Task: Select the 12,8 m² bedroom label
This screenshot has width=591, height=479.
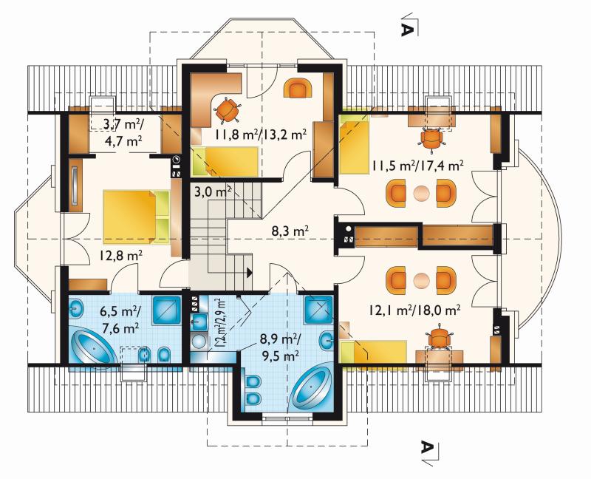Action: [120, 256]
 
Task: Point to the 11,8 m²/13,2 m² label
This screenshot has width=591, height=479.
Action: [261, 134]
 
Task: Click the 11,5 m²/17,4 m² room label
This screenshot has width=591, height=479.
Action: [417, 165]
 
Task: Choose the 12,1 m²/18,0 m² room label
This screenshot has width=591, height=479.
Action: [414, 310]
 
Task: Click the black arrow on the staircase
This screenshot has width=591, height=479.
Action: [249, 272]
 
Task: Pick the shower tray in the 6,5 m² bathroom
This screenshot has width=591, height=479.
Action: [166, 310]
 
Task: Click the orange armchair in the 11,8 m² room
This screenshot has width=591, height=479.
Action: [300, 88]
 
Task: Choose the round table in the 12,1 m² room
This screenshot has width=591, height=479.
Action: [421, 282]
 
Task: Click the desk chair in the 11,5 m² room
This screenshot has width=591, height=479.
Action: [431, 140]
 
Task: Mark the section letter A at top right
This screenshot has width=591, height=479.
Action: [406, 30]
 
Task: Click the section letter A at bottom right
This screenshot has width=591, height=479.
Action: [426, 447]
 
